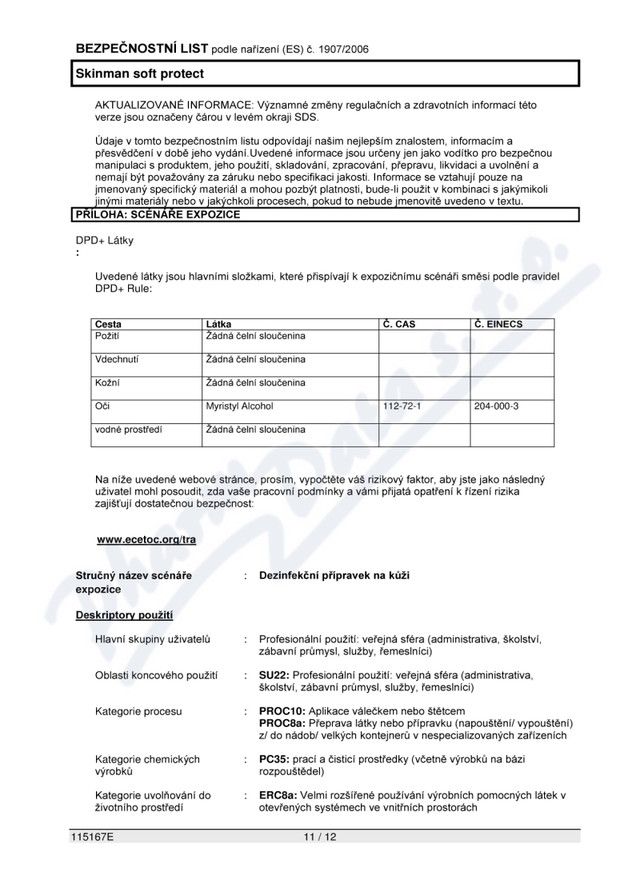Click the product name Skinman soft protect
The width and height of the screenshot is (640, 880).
(139, 74)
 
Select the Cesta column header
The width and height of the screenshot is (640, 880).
(108, 324)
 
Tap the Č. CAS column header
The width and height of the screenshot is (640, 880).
(399, 324)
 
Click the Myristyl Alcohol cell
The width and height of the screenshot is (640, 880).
(239, 406)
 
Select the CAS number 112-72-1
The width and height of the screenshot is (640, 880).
(402, 406)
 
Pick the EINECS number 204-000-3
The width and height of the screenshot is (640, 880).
(496, 406)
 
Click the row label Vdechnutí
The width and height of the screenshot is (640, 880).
(117, 359)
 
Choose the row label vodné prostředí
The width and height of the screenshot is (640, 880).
(128, 430)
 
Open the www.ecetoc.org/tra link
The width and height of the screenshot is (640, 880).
(146, 540)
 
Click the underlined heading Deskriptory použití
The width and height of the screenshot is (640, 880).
(124, 615)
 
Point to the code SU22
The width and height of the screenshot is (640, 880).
(273, 675)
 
